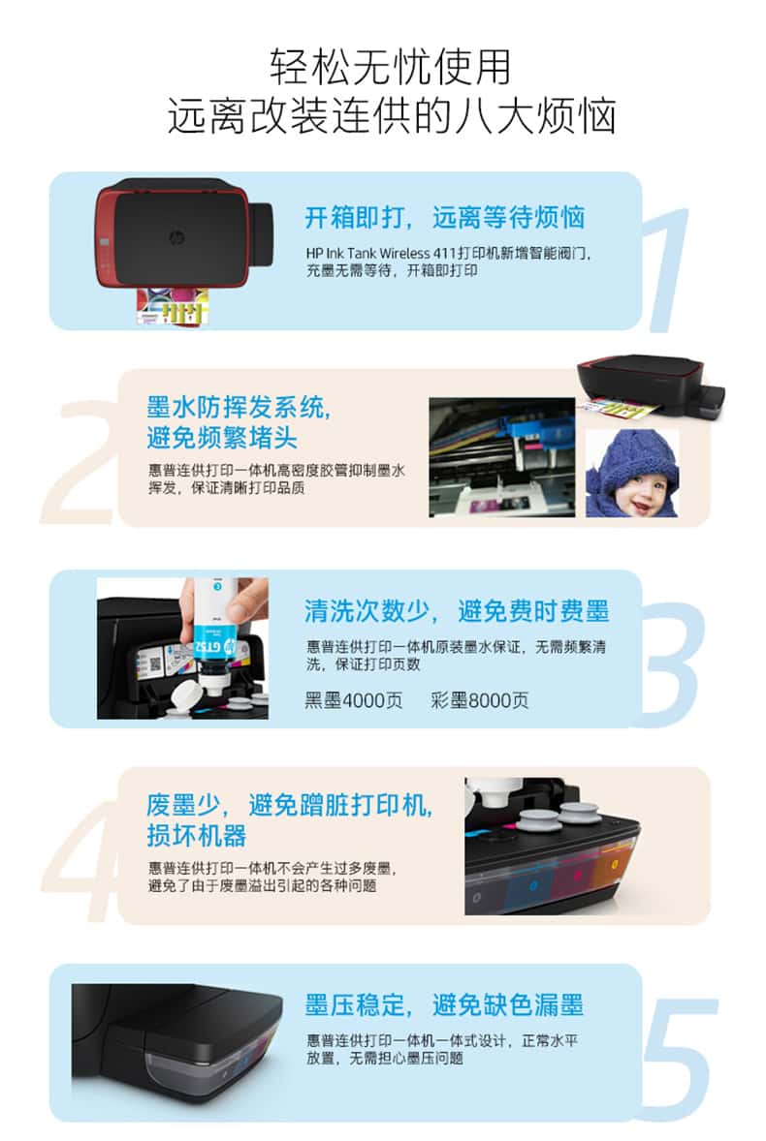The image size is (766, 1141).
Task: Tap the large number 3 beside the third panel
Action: (670, 663)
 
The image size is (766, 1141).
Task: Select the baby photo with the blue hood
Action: (633, 473)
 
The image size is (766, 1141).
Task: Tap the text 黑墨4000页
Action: (353, 700)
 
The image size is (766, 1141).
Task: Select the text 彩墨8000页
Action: (480, 700)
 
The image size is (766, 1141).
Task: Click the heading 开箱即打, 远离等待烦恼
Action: (444, 217)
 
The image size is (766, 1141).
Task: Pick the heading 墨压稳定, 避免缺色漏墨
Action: (444, 1005)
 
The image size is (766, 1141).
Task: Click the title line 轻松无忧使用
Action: (391, 67)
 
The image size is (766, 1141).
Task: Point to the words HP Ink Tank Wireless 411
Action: (380, 253)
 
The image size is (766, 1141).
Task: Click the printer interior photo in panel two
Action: (501, 457)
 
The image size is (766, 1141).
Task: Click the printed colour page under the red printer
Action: (174, 306)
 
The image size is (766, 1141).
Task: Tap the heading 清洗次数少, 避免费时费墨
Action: (457, 611)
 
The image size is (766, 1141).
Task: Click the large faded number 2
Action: (81, 463)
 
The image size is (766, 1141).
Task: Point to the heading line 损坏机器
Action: (197, 835)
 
